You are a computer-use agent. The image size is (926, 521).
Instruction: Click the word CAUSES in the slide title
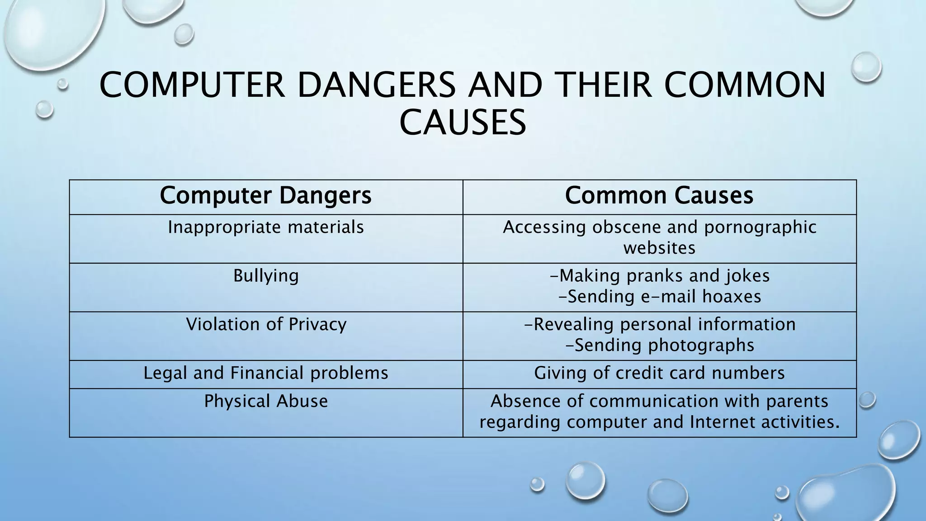click(463, 123)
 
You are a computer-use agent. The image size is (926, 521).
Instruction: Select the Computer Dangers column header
click(266, 196)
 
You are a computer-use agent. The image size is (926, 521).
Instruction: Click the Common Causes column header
click(659, 196)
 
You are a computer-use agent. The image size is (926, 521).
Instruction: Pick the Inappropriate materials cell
click(266, 227)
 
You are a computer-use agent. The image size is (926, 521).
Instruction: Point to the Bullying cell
click(266, 276)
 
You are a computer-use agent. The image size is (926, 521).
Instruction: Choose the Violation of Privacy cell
click(266, 324)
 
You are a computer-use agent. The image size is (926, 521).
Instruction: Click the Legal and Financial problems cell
click(266, 373)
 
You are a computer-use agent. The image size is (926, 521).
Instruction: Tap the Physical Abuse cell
click(266, 401)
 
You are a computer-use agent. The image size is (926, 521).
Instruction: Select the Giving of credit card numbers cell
click(659, 373)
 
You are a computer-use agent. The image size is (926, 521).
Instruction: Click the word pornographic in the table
click(760, 227)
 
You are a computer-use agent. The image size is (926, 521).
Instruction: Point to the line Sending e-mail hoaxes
click(660, 297)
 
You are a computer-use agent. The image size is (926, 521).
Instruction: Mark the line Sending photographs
click(660, 345)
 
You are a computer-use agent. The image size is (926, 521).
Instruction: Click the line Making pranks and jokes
click(660, 276)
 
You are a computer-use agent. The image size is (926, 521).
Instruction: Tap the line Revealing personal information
click(660, 324)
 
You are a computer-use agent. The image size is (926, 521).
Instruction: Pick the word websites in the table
click(659, 248)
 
